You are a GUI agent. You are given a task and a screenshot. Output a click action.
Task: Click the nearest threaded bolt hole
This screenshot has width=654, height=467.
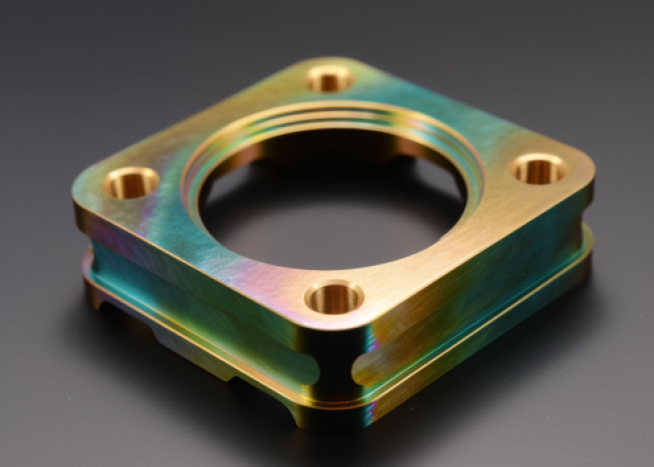click(x=334, y=298)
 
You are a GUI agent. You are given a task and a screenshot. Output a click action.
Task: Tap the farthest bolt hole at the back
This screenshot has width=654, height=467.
click(x=329, y=78)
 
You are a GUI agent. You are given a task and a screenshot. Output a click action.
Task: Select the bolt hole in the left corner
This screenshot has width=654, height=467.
click(x=131, y=182)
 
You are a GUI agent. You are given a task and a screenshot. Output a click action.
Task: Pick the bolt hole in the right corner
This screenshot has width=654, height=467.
click(x=539, y=169)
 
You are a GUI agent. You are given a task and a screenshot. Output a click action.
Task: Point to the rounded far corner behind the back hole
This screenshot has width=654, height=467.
click(x=329, y=60)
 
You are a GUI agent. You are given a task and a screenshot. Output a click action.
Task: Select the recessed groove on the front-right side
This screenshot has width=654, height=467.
click(x=476, y=308)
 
